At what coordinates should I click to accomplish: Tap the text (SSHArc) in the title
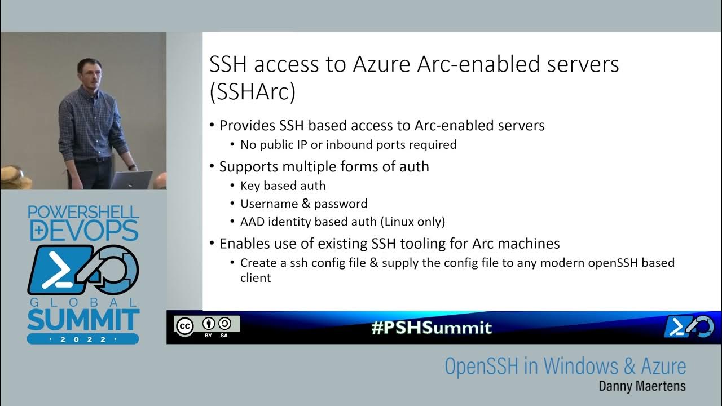click(252, 92)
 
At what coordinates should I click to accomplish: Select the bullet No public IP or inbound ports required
click(348, 145)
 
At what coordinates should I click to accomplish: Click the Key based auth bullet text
click(283, 186)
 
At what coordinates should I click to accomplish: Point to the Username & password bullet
click(303, 204)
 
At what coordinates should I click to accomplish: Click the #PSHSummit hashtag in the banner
click(432, 328)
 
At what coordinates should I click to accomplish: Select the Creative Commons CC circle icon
click(184, 326)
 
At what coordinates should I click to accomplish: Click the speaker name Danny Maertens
click(642, 387)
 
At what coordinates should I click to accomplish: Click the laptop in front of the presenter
click(131, 180)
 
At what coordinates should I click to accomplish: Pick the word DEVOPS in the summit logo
click(83, 231)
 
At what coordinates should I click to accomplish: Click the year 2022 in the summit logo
click(83, 339)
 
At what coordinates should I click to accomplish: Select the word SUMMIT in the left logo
click(83, 320)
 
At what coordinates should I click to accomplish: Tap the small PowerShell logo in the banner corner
click(689, 327)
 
